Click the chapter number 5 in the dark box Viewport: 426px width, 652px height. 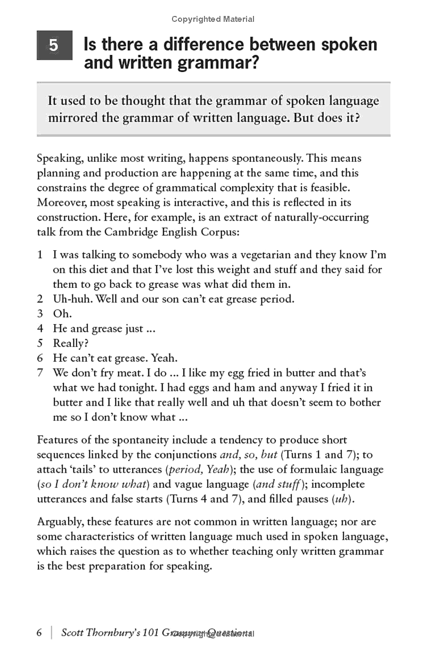pos(54,46)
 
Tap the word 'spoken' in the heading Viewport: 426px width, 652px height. pos(349,44)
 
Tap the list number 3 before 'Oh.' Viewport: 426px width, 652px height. pos(40,314)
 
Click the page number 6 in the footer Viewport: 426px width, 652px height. pos(39,633)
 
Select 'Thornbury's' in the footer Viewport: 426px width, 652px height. pos(119,633)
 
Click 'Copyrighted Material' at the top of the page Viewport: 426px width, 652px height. pos(213,19)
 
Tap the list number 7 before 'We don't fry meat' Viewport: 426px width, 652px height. pos(40,373)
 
